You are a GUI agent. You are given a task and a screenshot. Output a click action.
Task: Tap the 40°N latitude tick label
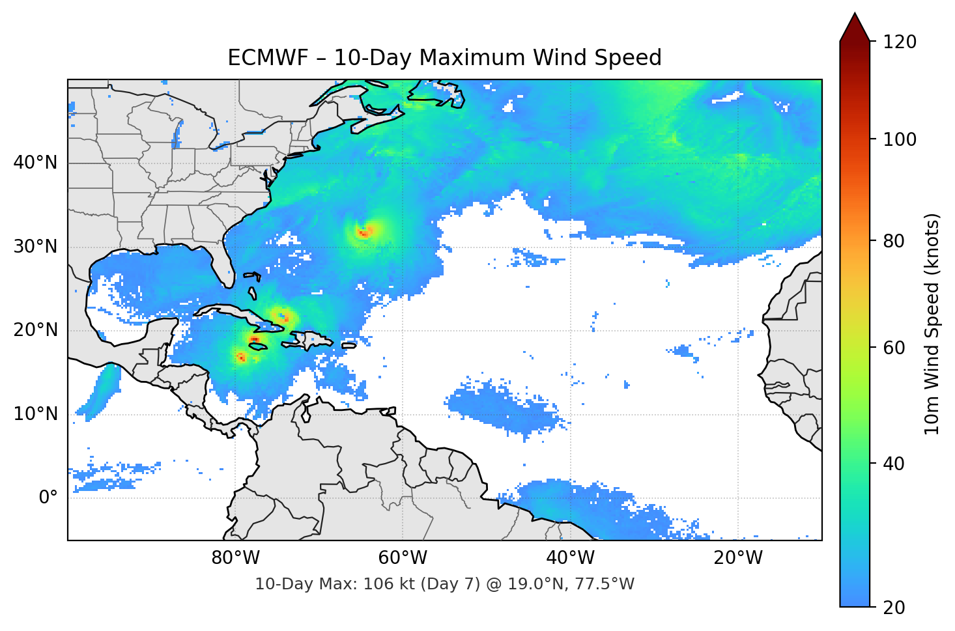[35, 162]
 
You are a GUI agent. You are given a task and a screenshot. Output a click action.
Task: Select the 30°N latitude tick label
[35, 246]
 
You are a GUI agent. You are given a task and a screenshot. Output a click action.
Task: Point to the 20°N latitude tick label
[35, 330]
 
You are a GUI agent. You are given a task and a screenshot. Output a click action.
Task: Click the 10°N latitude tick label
[35, 414]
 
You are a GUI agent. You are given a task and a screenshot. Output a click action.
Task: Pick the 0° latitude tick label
[48, 498]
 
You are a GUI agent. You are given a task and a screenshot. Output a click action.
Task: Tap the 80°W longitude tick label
[236, 558]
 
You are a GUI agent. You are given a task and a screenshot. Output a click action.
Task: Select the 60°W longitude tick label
[403, 558]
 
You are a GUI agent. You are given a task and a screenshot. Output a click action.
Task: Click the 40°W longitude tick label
[571, 558]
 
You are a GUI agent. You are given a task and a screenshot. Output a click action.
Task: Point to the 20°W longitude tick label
[738, 558]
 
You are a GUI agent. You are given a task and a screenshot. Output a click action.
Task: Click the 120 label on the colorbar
[900, 42]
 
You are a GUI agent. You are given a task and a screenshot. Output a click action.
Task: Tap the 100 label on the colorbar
[900, 139]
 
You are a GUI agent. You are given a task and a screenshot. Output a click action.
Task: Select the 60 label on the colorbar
[894, 348]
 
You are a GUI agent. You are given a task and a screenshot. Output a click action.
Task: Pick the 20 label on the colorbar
[894, 607]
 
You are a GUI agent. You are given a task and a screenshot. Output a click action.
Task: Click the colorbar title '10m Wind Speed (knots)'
[933, 324]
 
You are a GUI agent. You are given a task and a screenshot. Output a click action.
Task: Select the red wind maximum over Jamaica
[254, 340]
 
